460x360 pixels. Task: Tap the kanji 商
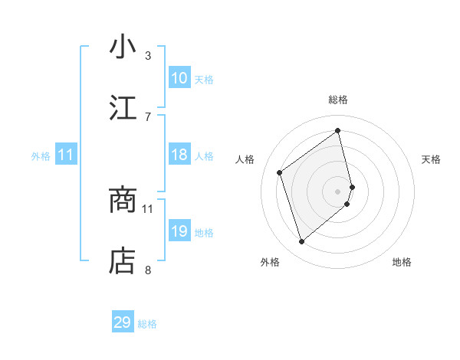123,200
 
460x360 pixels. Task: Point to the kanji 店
123,261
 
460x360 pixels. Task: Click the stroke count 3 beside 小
148,55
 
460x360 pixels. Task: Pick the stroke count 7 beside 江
148,116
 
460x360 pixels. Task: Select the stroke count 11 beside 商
148,208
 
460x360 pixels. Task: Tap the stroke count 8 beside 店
148,270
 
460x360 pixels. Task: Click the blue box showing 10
179,78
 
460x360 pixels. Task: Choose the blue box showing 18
179,155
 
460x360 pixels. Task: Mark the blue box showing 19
179,231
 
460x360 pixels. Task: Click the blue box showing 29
123,322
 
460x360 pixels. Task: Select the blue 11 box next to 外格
66,155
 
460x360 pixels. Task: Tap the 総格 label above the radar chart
338,100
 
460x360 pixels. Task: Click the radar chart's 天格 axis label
431,159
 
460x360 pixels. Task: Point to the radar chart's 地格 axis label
402,262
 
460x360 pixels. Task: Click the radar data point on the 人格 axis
280,172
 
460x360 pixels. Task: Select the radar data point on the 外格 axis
301,242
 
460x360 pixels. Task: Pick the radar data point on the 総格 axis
338,130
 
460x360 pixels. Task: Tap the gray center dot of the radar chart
338,191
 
